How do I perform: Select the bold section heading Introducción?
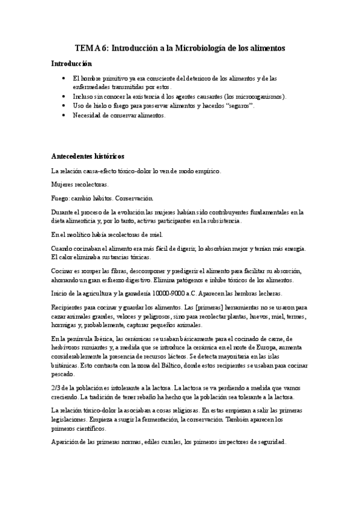coord(72,63)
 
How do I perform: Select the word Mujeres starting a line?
coord(63,184)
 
